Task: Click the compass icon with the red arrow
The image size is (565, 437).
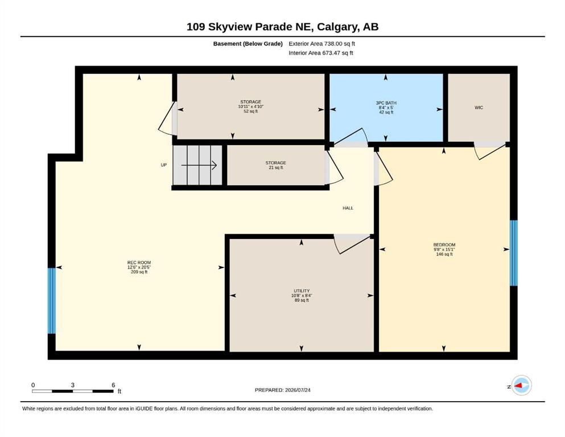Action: pyautogui.click(x=521, y=385)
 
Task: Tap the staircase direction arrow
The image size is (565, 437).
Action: pyautogui.click(x=199, y=166)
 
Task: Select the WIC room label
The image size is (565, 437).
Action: pyautogui.click(x=479, y=108)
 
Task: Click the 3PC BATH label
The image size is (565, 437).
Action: pyautogui.click(x=386, y=103)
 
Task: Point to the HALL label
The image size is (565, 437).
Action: pyautogui.click(x=348, y=208)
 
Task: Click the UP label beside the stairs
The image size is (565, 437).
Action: pyautogui.click(x=164, y=165)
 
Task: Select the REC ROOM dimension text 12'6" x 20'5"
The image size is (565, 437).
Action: pyautogui.click(x=139, y=267)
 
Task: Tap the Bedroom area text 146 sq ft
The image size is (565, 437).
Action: pyautogui.click(x=444, y=254)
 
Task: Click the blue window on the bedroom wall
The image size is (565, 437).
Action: pyautogui.click(x=513, y=253)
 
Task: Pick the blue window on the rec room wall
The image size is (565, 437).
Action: pyautogui.click(x=52, y=301)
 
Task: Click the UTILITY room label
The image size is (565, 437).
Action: pyautogui.click(x=302, y=291)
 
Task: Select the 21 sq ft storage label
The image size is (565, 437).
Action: pyautogui.click(x=275, y=167)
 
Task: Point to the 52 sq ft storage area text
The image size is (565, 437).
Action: pyautogui.click(x=251, y=112)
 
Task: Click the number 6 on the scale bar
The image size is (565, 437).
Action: pyautogui.click(x=113, y=385)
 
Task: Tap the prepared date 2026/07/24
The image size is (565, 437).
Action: pyautogui.click(x=298, y=390)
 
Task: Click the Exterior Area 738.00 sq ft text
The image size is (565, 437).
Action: pyautogui.click(x=322, y=44)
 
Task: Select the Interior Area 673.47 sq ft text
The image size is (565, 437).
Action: pyautogui.click(x=321, y=53)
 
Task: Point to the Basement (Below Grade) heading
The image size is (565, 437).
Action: pyautogui.click(x=248, y=44)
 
